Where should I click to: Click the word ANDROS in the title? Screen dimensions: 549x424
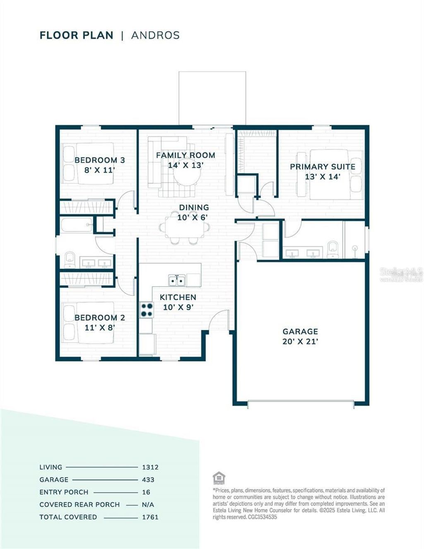(x=155, y=35)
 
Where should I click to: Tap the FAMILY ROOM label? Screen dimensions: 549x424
(x=185, y=155)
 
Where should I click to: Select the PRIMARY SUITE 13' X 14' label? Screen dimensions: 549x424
(x=323, y=171)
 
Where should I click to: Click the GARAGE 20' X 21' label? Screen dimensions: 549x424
(x=300, y=336)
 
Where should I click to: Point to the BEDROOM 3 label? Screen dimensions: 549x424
(x=99, y=160)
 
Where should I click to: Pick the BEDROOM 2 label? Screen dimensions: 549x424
(x=99, y=318)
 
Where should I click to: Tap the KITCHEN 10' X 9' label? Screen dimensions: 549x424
(x=178, y=302)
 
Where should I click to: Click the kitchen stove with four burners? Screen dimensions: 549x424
(x=146, y=310)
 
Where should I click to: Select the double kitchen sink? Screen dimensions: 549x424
(x=177, y=280)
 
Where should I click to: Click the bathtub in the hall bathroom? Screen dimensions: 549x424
(x=77, y=226)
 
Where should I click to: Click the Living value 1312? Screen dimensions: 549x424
(x=150, y=467)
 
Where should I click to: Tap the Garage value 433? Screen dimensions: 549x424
(x=148, y=479)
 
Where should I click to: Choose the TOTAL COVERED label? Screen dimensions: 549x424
(x=68, y=517)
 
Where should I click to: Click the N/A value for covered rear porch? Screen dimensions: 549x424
(x=148, y=504)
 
